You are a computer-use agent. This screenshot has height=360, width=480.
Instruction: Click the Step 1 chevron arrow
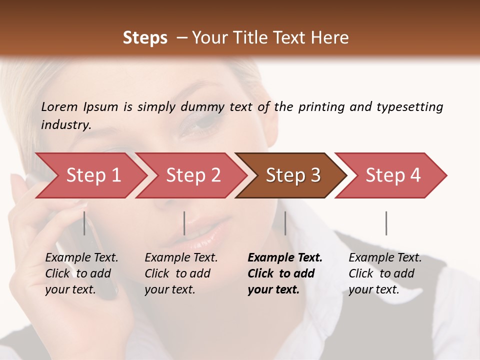click(93, 175)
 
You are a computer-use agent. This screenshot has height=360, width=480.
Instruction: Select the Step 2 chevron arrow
click(193, 175)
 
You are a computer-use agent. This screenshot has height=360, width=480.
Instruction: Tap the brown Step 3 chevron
click(293, 175)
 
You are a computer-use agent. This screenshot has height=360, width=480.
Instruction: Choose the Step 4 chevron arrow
click(393, 175)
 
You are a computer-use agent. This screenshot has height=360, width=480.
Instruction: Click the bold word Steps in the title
click(145, 38)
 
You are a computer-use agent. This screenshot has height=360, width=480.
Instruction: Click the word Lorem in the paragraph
click(59, 107)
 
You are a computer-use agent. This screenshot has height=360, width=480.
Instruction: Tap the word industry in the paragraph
click(66, 124)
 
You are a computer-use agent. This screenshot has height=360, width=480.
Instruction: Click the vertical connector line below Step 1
click(84, 223)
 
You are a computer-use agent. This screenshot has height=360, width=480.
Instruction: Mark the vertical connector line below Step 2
click(184, 223)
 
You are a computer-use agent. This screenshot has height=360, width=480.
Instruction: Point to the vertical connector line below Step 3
click(285, 223)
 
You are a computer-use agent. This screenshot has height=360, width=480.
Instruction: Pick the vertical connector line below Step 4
click(386, 223)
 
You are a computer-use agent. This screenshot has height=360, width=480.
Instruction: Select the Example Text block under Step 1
click(81, 273)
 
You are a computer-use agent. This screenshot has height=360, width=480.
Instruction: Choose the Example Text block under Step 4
click(385, 273)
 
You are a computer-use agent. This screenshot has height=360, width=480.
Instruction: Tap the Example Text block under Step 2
click(181, 273)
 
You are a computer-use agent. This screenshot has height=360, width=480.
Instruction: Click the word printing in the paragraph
click(321, 107)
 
